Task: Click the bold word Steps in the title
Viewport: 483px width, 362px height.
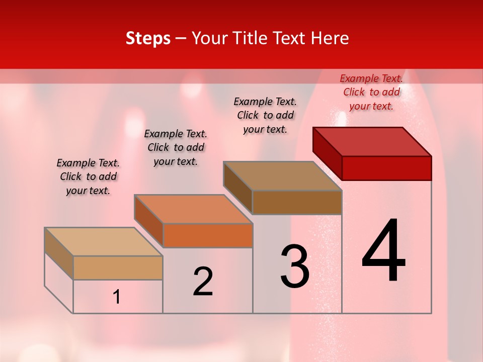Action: click(x=148, y=38)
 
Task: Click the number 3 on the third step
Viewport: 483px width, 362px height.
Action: click(x=295, y=266)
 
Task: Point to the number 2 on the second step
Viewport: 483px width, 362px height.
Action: click(x=203, y=282)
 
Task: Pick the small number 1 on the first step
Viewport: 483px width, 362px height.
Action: click(x=117, y=297)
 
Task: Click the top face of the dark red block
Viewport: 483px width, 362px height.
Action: click(x=372, y=142)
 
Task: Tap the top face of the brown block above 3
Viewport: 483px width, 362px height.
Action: click(x=283, y=176)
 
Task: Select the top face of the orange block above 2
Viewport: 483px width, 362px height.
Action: click(x=193, y=209)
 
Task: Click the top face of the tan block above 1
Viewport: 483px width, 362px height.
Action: click(x=104, y=242)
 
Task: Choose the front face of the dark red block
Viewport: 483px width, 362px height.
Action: click(x=386, y=168)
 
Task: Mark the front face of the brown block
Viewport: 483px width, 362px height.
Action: click(x=297, y=202)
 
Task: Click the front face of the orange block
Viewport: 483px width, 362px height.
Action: click(x=208, y=235)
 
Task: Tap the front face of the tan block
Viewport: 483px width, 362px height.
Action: click(x=118, y=267)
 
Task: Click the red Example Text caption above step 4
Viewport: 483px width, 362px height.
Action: click(x=371, y=92)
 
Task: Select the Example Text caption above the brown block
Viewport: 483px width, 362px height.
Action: click(x=265, y=115)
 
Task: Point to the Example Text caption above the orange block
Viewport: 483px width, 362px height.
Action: click(x=176, y=147)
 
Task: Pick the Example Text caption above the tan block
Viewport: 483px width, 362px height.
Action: click(x=88, y=176)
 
